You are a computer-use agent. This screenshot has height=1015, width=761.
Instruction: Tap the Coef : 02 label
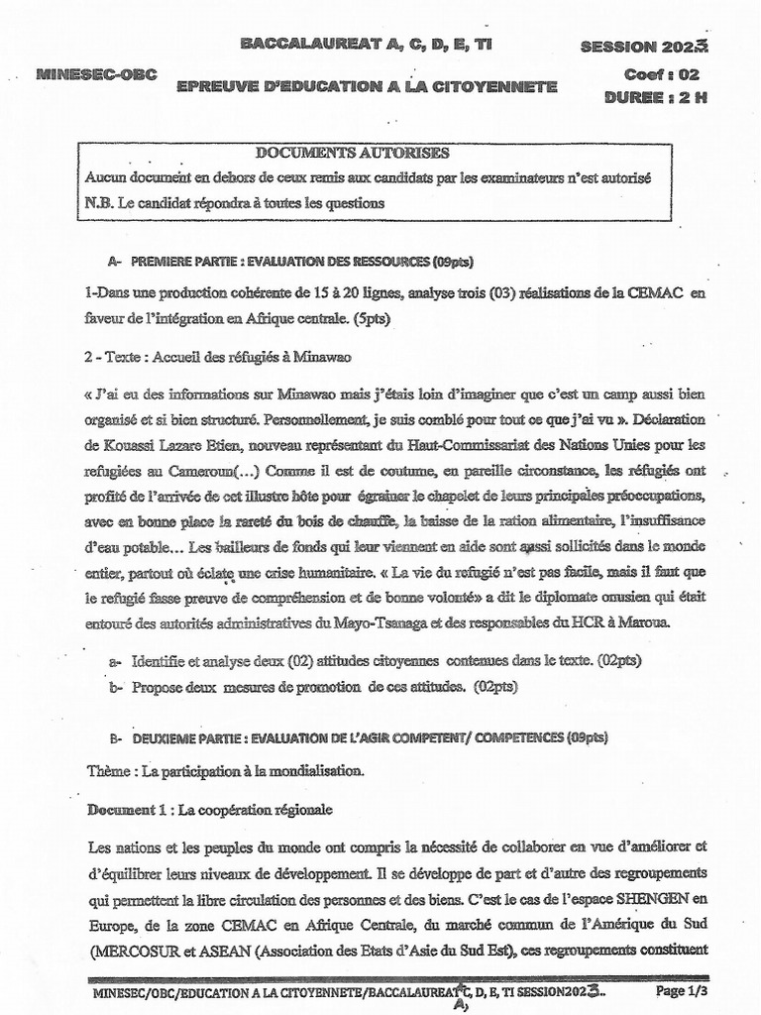[663, 74]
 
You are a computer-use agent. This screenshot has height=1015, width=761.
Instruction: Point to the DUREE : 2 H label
[654, 96]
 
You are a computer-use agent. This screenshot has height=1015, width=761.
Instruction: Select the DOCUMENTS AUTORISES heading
[352, 153]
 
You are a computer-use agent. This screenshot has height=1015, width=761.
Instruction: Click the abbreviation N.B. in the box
[99, 202]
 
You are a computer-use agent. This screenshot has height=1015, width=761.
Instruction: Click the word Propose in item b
[159, 685]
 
